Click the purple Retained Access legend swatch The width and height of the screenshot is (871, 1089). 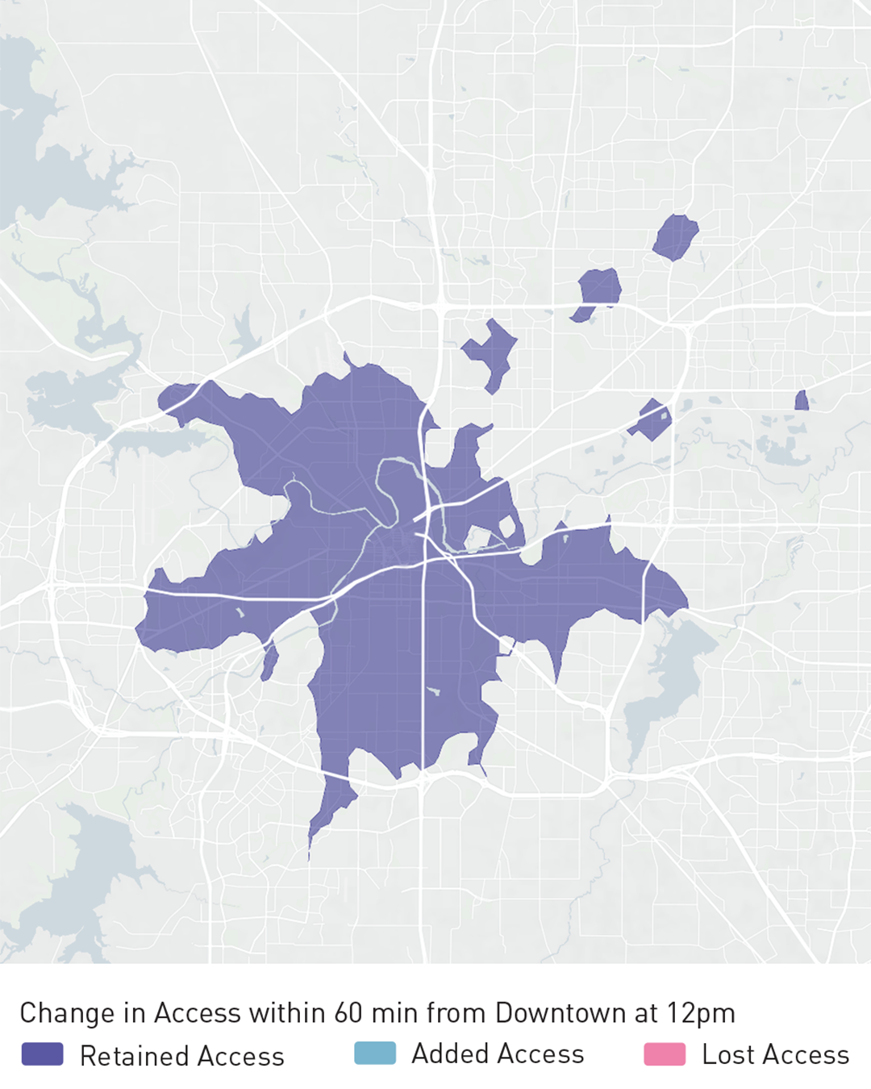(42, 1054)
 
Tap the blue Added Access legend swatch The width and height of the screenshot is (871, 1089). (375, 1053)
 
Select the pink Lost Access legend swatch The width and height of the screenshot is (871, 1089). (665, 1054)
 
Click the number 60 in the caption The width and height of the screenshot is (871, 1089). (348, 1012)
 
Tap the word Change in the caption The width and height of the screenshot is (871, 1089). (67, 1013)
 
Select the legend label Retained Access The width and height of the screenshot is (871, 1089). (182, 1056)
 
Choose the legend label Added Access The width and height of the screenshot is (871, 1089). (498, 1054)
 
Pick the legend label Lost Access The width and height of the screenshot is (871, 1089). (775, 1054)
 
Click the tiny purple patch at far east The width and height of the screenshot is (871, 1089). (802, 401)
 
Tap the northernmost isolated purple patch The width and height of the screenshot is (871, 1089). (675, 236)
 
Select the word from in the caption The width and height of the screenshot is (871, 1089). (457, 1012)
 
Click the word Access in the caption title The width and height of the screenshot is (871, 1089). (198, 1012)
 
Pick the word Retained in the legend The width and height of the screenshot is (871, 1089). (134, 1056)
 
